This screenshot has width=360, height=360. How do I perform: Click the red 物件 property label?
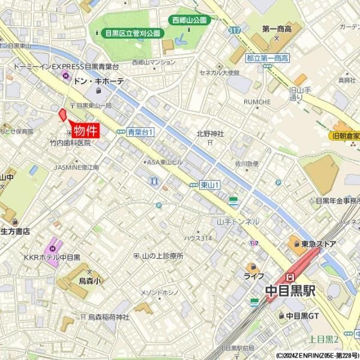85,130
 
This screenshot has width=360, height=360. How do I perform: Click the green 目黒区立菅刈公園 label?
132,34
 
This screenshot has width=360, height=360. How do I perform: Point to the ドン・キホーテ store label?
98,81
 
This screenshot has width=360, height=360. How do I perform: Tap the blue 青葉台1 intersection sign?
141,132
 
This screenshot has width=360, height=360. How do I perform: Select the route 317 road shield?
234,29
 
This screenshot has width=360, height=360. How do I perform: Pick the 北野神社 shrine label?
210,134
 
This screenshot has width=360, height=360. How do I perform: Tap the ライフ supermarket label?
254,277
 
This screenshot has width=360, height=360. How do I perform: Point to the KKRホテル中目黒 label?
52,257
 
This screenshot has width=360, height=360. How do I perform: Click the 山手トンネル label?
238,221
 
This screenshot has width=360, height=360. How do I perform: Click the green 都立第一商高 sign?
268,58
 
